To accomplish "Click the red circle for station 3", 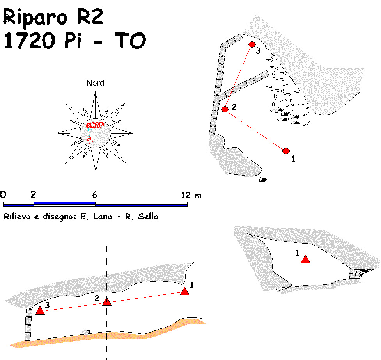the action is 252,45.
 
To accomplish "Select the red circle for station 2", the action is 225,109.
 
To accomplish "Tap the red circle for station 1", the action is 286,151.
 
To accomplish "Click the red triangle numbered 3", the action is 40,310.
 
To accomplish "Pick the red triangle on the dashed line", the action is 107,301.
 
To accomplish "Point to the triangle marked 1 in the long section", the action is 185,291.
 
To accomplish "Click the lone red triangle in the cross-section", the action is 305,259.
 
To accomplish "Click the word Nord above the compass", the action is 95,83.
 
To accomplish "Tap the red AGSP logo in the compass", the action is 95,125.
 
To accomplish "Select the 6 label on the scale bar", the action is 94,195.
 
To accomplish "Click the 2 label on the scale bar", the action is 33,194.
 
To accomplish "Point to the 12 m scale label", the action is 191,195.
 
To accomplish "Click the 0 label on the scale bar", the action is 3,194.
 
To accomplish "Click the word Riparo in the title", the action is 35,17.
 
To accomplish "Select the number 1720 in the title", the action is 30,40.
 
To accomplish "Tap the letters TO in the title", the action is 130,40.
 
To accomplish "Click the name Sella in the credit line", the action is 148,216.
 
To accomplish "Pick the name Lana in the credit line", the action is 103,216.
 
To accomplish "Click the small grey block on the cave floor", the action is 85,332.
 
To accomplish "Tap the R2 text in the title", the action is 90,16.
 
